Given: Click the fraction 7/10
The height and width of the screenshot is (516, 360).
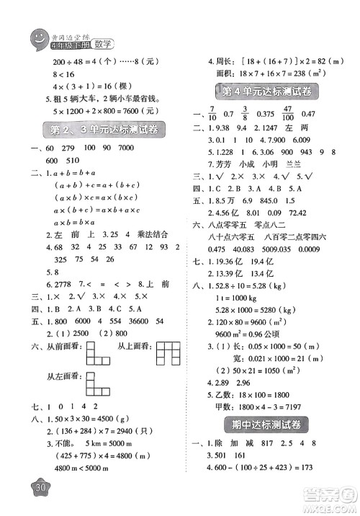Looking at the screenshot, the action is [216, 114].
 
